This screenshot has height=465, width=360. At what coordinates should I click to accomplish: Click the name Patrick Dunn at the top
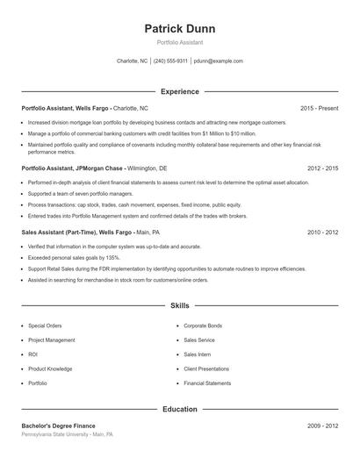pyautogui.click(x=179, y=28)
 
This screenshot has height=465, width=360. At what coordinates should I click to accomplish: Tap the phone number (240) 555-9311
pyautogui.click(x=170, y=61)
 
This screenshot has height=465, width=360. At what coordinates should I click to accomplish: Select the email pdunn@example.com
pyautogui.click(x=218, y=61)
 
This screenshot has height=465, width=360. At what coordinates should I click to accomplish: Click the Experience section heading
pyautogui.click(x=179, y=91)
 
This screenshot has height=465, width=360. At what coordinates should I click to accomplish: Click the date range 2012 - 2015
pyautogui.click(x=322, y=168)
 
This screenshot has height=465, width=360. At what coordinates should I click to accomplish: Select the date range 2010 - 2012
pyautogui.click(x=322, y=232)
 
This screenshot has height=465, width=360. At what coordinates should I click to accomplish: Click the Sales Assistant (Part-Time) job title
pyautogui.click(x=90, y=232)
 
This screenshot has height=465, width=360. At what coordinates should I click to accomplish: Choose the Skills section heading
pyautogui.click(x=179, y=306)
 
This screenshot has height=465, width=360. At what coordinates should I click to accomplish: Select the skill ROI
pyautogui.click(x=32, y=354)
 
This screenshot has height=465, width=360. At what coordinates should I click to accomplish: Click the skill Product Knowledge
pyautogui.click(x=50, y=369)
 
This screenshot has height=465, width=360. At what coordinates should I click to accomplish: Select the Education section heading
pyautogui.click(x=179, y=409)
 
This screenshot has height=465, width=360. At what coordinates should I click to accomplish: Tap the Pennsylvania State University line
pyautogui.click(x=68, y=434)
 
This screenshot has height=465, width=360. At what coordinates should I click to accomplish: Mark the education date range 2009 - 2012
pyautogui.click(x=322, y=426)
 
